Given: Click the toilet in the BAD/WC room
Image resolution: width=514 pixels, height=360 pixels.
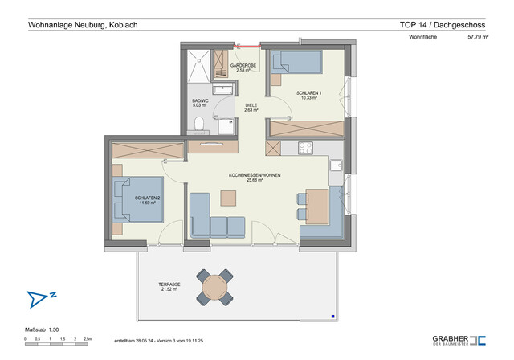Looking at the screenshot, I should (x=198, y=125).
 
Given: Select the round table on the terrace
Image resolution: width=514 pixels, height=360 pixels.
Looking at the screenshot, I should (x=215, y=287).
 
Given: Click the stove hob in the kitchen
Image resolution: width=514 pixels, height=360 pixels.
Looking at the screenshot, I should (x=305, y=149).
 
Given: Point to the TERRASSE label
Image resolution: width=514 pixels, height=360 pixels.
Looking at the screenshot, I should (x=169, y=285).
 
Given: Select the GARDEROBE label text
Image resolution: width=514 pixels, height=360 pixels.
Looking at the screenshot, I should (x=243, y=65).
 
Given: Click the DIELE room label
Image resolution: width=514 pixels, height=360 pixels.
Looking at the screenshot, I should (x=251, y=105).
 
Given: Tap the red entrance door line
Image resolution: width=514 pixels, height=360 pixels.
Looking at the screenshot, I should (x=244, y=43).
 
